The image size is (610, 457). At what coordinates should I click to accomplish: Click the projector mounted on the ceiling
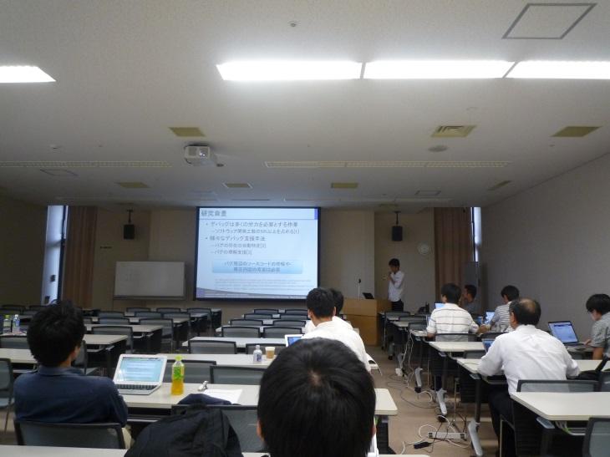pyautogui.click(x=197, y=154)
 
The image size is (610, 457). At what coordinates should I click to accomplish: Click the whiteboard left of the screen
pyautogui.click(x=149, y=279)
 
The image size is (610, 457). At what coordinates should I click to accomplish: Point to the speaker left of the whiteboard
pyautogui.click(x=129, y=231)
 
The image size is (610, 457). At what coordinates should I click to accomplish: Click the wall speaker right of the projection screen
pyautogui.click(x=397, y=233)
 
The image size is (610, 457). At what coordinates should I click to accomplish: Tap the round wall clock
pyautogui.click(x=424, y=249)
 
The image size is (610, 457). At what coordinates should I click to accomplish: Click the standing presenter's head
pyautogui.click(x=394, y=264)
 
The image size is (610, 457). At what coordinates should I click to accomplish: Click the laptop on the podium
pyautogui.click(x=368, y=295)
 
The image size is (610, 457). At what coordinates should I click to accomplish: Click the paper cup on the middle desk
pyautogui.click(x=270, y=353)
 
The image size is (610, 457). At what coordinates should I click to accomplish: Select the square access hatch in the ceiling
pyautogui.click(x=548, y=21)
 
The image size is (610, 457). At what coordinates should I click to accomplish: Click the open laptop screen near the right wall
pyautogui.click(x=563, y=332)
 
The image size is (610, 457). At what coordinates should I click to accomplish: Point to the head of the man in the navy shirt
pyautogui.click(x=56, y=334)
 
